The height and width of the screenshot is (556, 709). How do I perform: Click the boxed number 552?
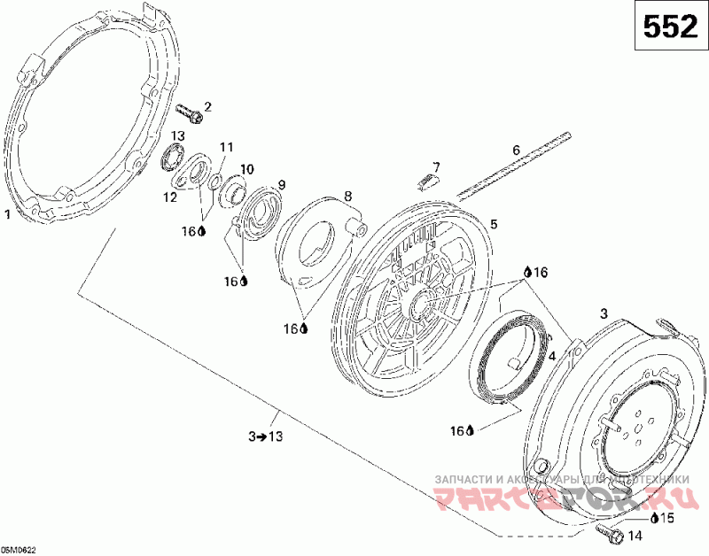tap(668, 28)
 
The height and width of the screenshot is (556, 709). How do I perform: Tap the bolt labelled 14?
tap(607, 532)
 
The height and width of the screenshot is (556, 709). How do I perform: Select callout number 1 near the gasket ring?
tap(8, 213)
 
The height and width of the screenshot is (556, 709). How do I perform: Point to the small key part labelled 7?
tap(425, 181)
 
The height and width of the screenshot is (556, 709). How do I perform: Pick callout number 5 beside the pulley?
tap(495, 225)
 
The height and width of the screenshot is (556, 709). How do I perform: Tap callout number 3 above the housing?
tap(604, 313)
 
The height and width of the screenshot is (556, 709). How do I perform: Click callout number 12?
tap(169, 197)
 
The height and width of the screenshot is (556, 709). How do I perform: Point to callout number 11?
tap(226, 147)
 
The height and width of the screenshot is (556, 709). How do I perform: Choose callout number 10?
tap(246, 168)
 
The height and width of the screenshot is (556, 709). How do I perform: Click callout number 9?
tap(282, 185)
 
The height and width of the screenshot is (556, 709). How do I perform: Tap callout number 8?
tap(347, 196)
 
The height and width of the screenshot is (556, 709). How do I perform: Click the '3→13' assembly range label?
tap(265, 436)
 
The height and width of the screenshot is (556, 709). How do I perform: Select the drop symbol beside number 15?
tap(654, 517)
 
